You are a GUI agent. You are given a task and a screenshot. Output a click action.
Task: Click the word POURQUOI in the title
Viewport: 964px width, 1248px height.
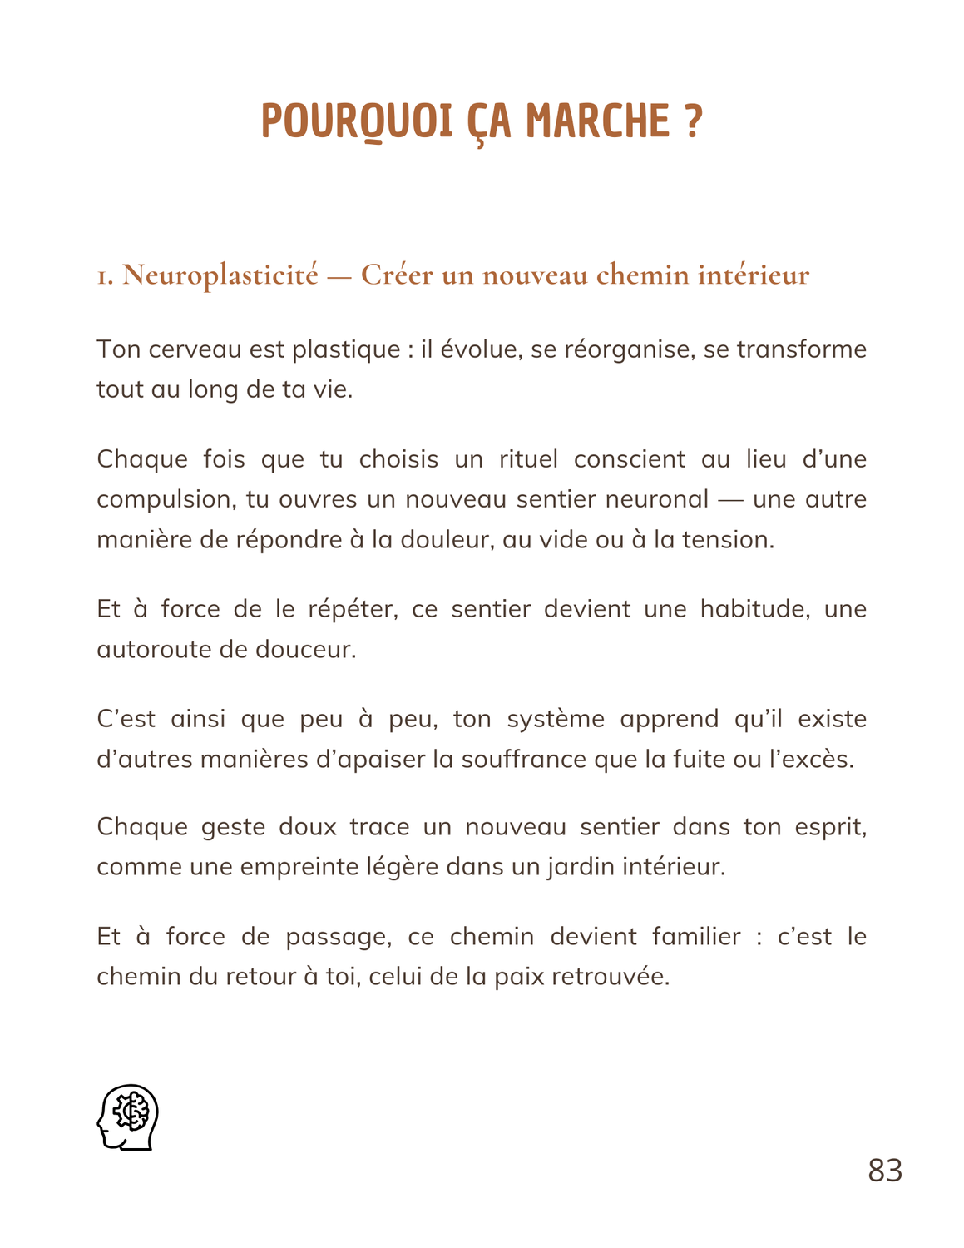(x=357, y=121)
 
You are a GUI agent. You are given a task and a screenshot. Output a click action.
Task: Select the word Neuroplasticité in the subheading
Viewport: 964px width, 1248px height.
(x=220, y=275)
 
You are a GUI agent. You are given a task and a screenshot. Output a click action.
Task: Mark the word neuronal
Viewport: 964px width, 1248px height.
(x=661, y=500)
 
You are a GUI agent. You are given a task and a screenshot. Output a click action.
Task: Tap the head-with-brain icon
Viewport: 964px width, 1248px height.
(x=127, y=1117)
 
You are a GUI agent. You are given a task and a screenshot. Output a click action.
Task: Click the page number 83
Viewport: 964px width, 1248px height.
(x=885, y=1171)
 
